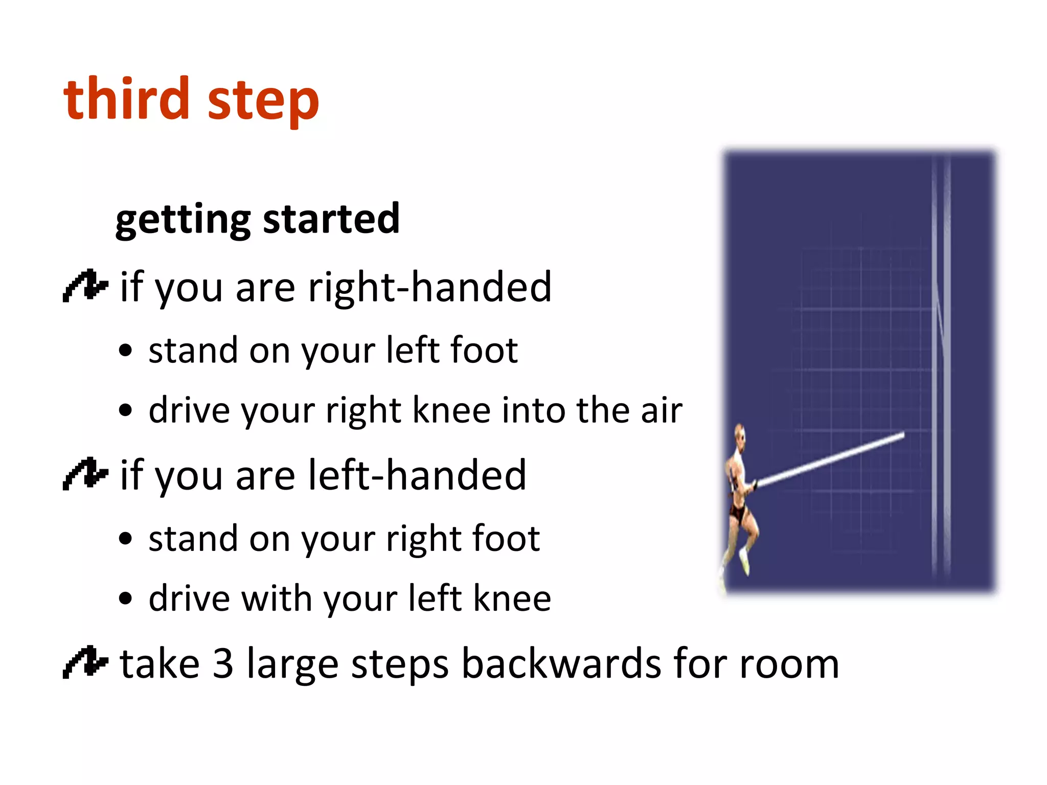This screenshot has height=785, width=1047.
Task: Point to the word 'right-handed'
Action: [430, 287]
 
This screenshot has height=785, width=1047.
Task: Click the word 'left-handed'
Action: [417, 475]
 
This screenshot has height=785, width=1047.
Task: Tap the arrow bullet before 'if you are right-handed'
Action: [85, 286]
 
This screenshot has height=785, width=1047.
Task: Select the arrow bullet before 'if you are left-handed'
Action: [85, 474]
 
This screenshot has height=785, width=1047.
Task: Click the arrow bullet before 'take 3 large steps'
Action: [85, 662]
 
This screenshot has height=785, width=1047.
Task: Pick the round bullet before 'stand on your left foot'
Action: [125, 351]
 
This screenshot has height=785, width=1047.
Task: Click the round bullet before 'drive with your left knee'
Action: [125, 598]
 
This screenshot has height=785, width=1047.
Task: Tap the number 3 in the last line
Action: [223, 664]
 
